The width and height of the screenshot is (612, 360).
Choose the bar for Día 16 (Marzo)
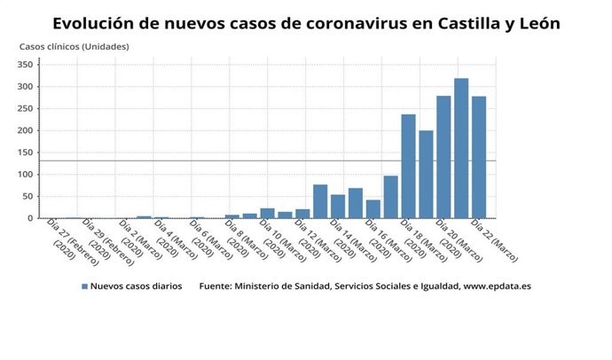pos(373,209)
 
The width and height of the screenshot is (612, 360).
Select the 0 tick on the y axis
pos(29,218)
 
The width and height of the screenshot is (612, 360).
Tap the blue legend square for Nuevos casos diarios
pos(85,286)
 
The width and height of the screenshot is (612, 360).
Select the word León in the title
pos(533,24)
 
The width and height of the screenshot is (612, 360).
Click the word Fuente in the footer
pos(218,286)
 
